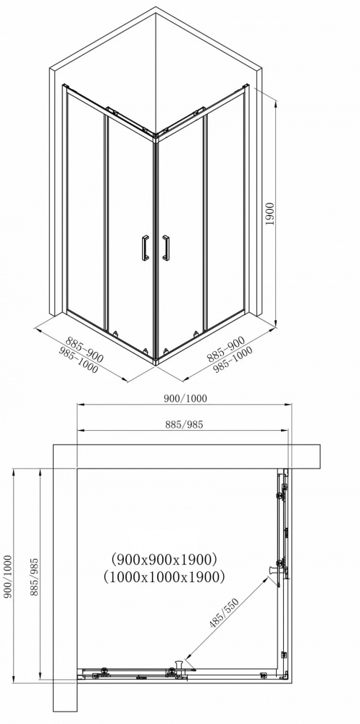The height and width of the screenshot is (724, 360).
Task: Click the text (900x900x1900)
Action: (x=164, y=558)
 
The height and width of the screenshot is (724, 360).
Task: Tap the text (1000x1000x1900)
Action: (x=164, y=576)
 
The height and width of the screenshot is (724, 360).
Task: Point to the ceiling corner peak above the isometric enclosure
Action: (x=156, y=9)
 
